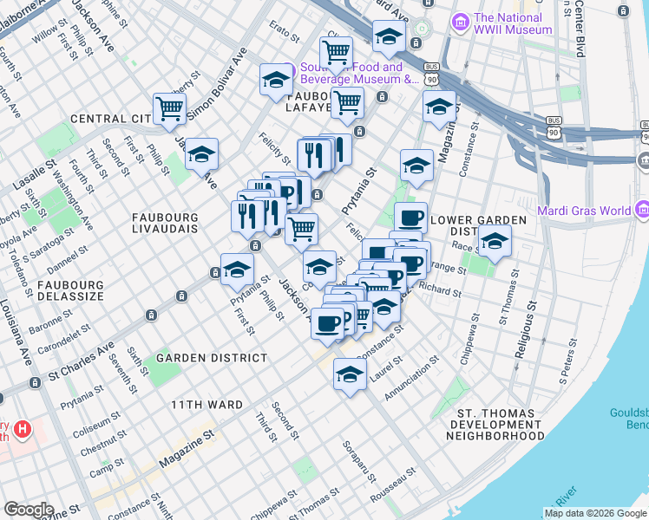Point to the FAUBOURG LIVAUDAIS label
(165, 222)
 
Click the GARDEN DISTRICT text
(212, 358)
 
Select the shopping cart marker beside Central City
(169, 109)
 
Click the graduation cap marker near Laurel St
(350, 374)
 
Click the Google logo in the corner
(29, 510)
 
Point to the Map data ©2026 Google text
(596, 513)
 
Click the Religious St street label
(522, 330)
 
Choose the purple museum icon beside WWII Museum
(461, 20)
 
